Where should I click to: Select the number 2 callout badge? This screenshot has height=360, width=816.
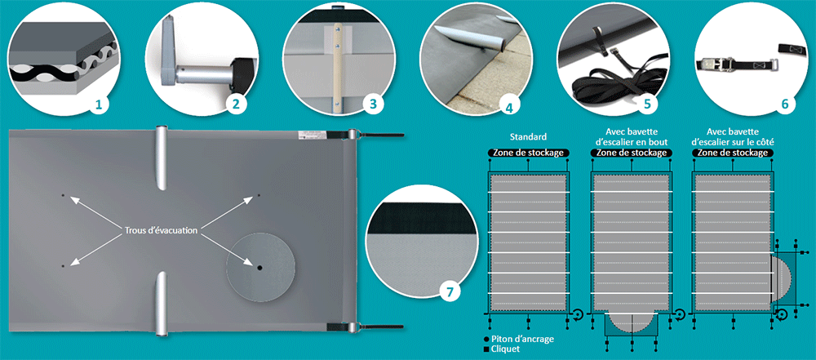coord(237,104)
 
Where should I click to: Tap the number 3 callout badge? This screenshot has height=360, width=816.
coord(373,104)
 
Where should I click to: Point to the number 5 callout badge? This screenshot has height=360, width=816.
coord(647,104)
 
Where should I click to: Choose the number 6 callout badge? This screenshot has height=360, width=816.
coord(784,104)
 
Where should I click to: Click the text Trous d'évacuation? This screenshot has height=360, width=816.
coord(161,231)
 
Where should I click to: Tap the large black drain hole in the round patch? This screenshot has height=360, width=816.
coord(259,268)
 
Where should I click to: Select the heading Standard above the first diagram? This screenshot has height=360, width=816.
coord(528,138)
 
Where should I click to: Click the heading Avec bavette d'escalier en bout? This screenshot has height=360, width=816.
coord(631,136)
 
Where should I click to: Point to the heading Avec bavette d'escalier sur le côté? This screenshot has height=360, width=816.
coord(733,136)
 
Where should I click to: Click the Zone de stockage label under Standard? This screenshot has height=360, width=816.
coord(528,153)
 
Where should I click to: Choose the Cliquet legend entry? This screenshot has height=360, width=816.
coord(502,349)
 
